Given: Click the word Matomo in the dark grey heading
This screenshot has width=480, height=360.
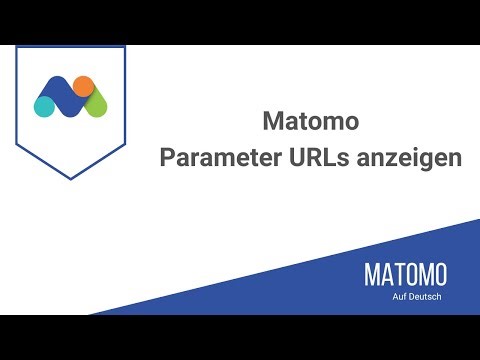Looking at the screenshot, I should [309, 123].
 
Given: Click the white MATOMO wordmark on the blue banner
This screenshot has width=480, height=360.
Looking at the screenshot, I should [405, 275].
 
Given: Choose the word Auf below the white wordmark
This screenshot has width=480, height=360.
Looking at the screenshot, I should [403, 298].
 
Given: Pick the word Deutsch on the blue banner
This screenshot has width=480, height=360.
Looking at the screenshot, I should [429, 298].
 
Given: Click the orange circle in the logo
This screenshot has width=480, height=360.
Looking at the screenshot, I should [84, 85].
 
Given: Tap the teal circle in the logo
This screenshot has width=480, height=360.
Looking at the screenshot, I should [45, 103].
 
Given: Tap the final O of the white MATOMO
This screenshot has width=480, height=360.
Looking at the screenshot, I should [439, 275].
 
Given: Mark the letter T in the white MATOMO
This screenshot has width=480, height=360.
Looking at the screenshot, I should [398, 275].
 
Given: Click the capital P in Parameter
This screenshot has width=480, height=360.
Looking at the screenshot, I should [168, 159].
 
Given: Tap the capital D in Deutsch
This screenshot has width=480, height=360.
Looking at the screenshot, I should [416, 298].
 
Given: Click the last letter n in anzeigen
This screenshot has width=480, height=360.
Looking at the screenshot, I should [455, 161].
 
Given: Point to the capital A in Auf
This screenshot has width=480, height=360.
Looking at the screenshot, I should [398, 298].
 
